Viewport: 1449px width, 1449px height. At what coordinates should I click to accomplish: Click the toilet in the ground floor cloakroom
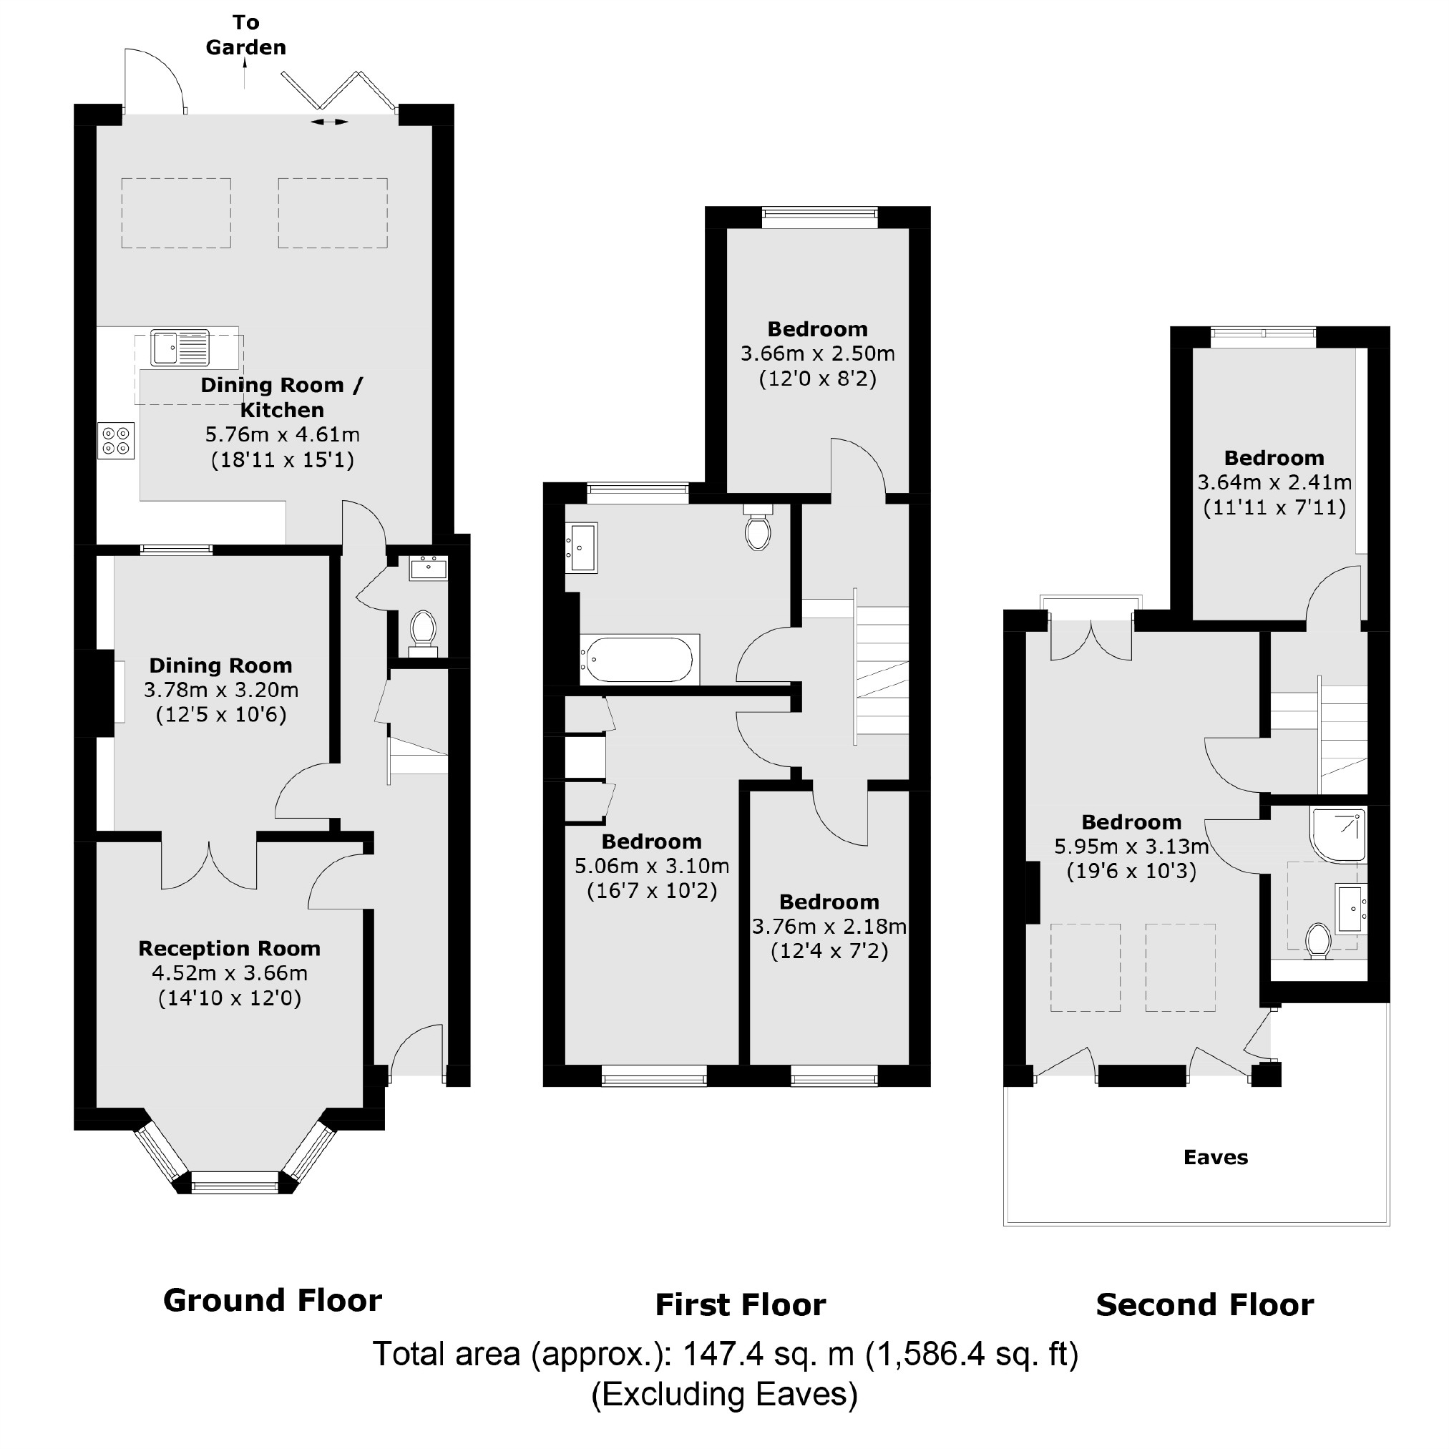tap(423, 630)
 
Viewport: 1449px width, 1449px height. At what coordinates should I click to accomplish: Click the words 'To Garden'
tap(246, 35)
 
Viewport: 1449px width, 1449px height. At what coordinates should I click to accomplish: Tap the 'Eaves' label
tap(1216, 1157)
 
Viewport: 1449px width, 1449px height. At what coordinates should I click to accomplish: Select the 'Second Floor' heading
tap(1204, 1306)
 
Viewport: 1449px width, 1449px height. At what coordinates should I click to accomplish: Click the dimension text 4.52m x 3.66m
tap(230, 973)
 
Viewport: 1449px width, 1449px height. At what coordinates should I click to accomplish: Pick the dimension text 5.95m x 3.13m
tap(1131, 847)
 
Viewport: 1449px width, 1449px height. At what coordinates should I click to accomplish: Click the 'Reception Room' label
tap(230, 949)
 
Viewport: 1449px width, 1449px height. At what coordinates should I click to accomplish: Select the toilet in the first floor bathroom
tap(758, 530)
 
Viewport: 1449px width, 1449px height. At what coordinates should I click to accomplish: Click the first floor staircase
tap(882, 670)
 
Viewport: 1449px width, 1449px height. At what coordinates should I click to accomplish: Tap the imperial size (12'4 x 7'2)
tap(829, 951)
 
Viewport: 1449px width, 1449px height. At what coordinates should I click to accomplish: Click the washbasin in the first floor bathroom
tap(581, 548)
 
